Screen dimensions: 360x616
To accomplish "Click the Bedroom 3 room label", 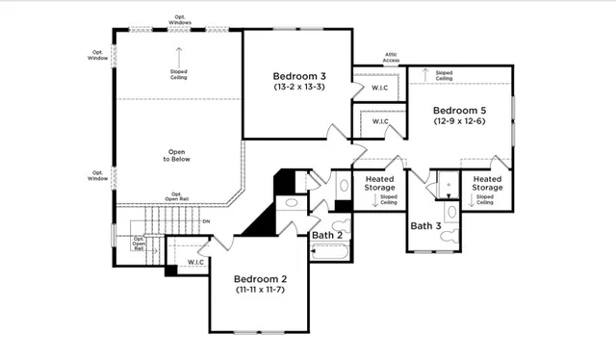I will [x=299, y=76].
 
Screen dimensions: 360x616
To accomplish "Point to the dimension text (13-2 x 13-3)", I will [x=299, y=88].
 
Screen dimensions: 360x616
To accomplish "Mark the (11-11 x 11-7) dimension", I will [x=261, y=289].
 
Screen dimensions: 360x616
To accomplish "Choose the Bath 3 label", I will [x=425, y=226].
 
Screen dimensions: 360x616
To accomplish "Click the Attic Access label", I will [x=391, y=58].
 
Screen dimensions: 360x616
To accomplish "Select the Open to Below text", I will [x=178, y=156].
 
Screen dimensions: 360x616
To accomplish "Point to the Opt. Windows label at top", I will [x=179, y=18].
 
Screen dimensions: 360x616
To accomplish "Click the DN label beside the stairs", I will [x=206, y=223].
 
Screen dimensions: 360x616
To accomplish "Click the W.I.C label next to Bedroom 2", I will [x=196, y=261].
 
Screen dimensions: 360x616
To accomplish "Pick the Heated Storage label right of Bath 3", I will [x=487, y=183].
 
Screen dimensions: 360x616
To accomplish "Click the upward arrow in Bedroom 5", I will [x=424, y=73].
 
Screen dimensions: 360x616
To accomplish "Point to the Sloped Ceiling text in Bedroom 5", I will [x=444, y=74].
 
